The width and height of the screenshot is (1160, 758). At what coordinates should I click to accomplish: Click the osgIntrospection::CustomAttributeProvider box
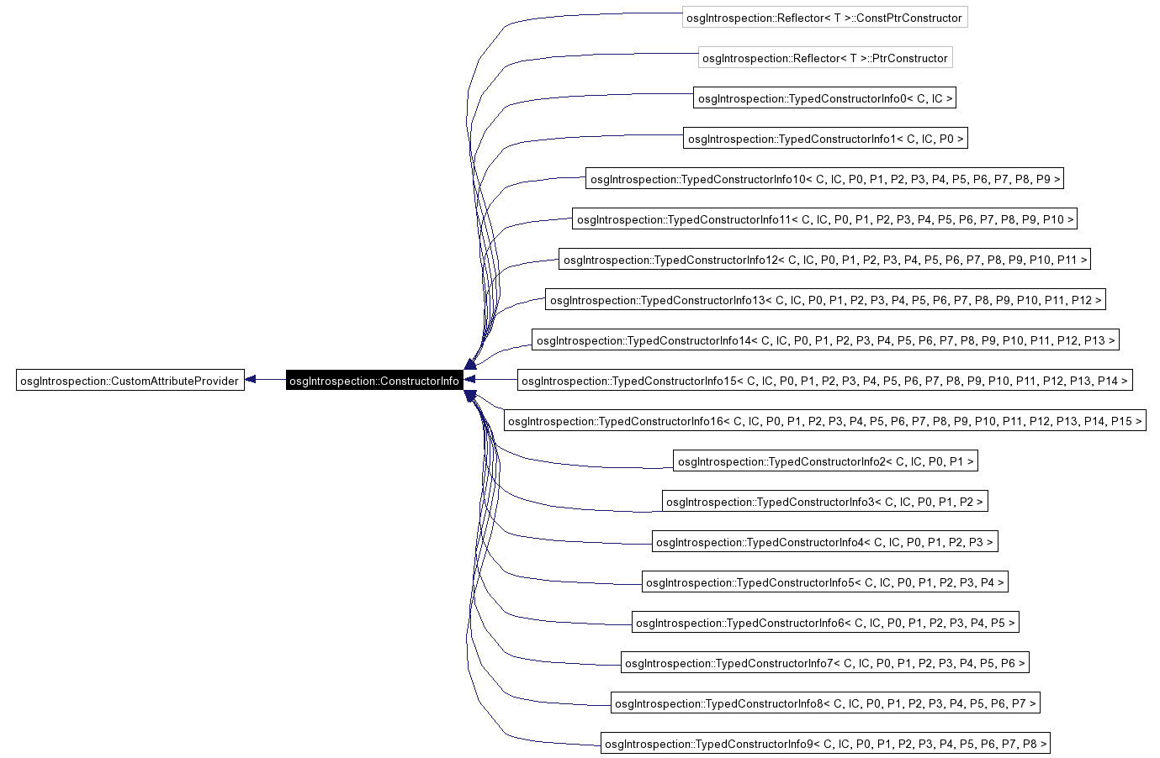click(130, 381)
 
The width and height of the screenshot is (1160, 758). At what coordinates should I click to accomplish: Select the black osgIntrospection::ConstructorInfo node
click(374, 381)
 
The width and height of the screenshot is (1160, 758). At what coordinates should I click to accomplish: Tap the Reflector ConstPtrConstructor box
click(824, 18)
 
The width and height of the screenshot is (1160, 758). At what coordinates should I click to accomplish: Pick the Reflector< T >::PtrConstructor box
click(825, 58)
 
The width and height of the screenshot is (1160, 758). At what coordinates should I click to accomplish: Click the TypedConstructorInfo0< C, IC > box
click(825, 98)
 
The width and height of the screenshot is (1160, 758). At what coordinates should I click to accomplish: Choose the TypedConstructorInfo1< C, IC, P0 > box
click(825, 139)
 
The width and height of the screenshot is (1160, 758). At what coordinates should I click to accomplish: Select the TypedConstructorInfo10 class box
click(825, 179)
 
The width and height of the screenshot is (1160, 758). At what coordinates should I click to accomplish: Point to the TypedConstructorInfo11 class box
click(825, 219)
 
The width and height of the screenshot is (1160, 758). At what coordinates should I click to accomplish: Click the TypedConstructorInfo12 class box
click(825, 260)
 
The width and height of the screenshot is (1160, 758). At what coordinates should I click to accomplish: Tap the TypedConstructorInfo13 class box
click(825, 300)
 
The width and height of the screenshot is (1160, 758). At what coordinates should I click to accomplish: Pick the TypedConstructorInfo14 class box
click(825, 340)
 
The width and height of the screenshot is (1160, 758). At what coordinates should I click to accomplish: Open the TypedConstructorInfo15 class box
click(825, 381)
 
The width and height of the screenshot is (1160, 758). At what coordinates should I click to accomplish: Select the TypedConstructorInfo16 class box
click(825, 421)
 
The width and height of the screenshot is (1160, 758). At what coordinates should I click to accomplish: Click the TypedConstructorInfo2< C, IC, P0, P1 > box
click(825, 461)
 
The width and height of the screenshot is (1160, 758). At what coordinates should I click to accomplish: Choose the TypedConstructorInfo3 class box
click(825, 502)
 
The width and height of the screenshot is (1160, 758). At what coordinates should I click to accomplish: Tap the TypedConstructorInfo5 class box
click(825, 582)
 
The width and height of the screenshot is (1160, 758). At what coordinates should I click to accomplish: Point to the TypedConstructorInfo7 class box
click(825, 663)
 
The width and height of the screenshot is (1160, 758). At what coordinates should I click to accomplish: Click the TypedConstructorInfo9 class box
click(825, 744)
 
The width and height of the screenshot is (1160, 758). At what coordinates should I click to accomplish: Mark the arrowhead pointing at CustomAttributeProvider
click(251, 380)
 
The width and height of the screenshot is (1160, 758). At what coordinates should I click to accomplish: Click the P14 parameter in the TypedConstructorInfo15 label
click(1108, 381)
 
